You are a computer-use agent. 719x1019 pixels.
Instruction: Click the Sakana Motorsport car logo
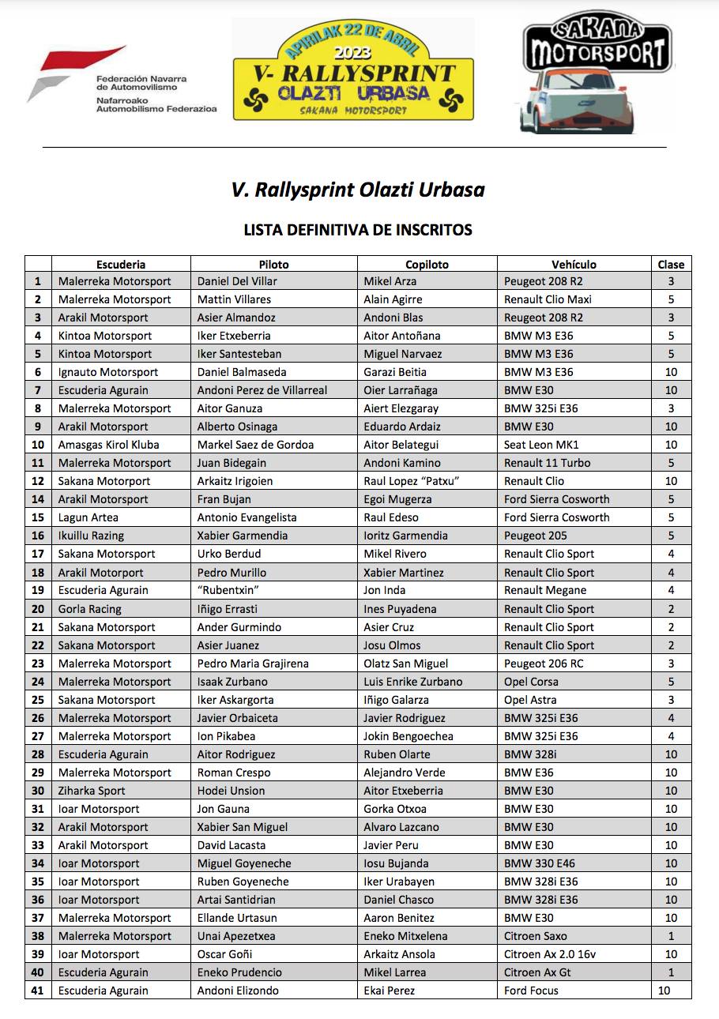click(x=597, y=77)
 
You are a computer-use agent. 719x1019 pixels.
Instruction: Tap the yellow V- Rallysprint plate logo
click(x=352, y=70)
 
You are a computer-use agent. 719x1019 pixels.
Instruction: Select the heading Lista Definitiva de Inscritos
click(x=358, y=230)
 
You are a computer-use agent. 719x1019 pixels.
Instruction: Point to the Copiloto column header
click(x=427, y=265)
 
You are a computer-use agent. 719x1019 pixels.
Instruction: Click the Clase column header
click(x=671, y=265)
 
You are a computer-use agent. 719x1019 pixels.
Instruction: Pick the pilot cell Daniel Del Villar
click(x=237, y=281)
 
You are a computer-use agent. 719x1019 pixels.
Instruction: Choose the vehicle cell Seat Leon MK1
click(x=541, y=445)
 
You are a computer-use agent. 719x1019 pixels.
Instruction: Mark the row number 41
click(x=38, y=991)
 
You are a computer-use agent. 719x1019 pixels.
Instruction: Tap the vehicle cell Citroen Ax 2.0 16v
click(x=550, y=954)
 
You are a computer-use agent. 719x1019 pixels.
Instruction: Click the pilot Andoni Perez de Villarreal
click(x=262, y=390)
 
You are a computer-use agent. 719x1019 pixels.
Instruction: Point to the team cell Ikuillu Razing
click(x=91, y=536)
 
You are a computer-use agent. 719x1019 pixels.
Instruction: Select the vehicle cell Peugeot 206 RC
click(x=544, y=664)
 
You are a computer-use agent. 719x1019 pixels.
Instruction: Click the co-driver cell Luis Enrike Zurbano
click(x=412, y=682)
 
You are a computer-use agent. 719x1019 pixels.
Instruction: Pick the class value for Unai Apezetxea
click(x=671, y=936)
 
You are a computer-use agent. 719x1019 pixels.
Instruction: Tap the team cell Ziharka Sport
click(x=92, y=791)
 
